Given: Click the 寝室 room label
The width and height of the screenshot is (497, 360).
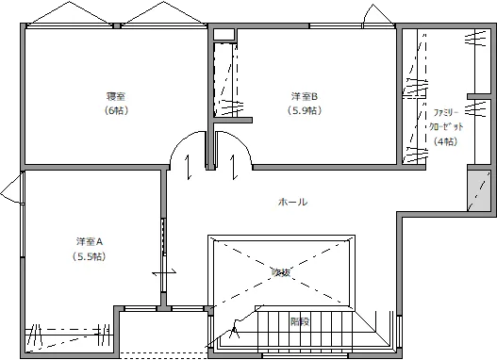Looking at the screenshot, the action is pyautogui.click(x=116, y=96).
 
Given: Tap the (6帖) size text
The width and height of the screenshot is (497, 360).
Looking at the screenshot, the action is pyautogui.click(x=116, y=111).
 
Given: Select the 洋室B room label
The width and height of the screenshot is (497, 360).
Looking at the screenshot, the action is pyautogui.click(x=305, y=96).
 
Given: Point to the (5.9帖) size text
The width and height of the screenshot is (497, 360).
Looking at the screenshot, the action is pyautogui.click(x=305, y=111).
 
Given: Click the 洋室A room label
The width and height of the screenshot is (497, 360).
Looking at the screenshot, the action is pyautogui.click(x=89, y=240).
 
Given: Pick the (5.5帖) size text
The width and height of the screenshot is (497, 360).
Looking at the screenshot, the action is pyautogui.click(x=89, y=255).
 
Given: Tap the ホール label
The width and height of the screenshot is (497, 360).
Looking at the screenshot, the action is pyautogui.click(x=292, y=202).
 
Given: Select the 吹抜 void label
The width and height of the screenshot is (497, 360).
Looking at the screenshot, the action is pyautogui.click(x=281, y=272).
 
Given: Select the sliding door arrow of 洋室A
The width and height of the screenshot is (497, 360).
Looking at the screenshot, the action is pyautogui.click(x=164, y=274).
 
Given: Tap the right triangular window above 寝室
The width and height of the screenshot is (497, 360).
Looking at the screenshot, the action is pyautogui.click(x=160, y=17).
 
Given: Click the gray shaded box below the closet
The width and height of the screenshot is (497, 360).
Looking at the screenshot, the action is pyautogui.click(x=479, y=190).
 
